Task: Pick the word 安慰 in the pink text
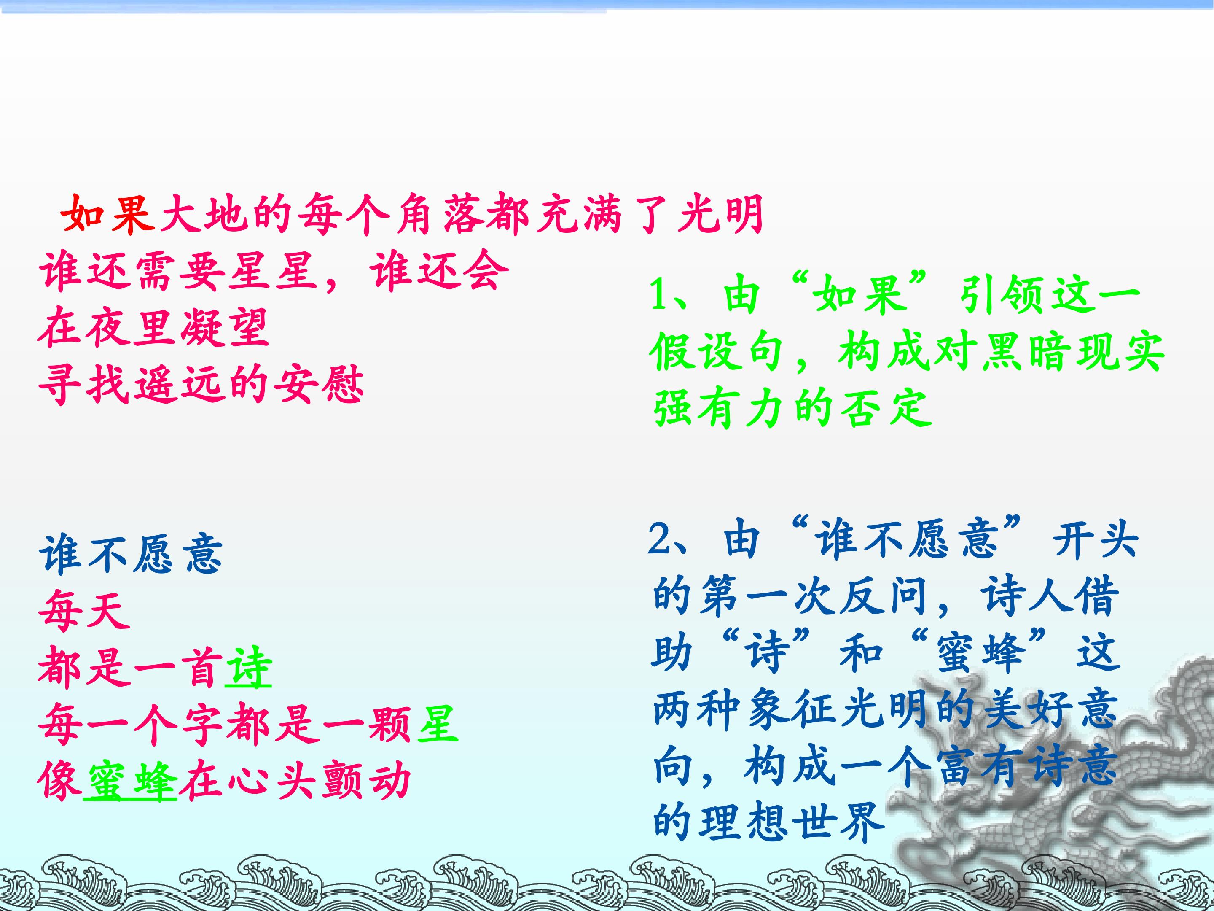tap(318, 384)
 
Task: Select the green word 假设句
tap(718, 352)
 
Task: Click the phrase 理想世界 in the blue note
tap(769, 822)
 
